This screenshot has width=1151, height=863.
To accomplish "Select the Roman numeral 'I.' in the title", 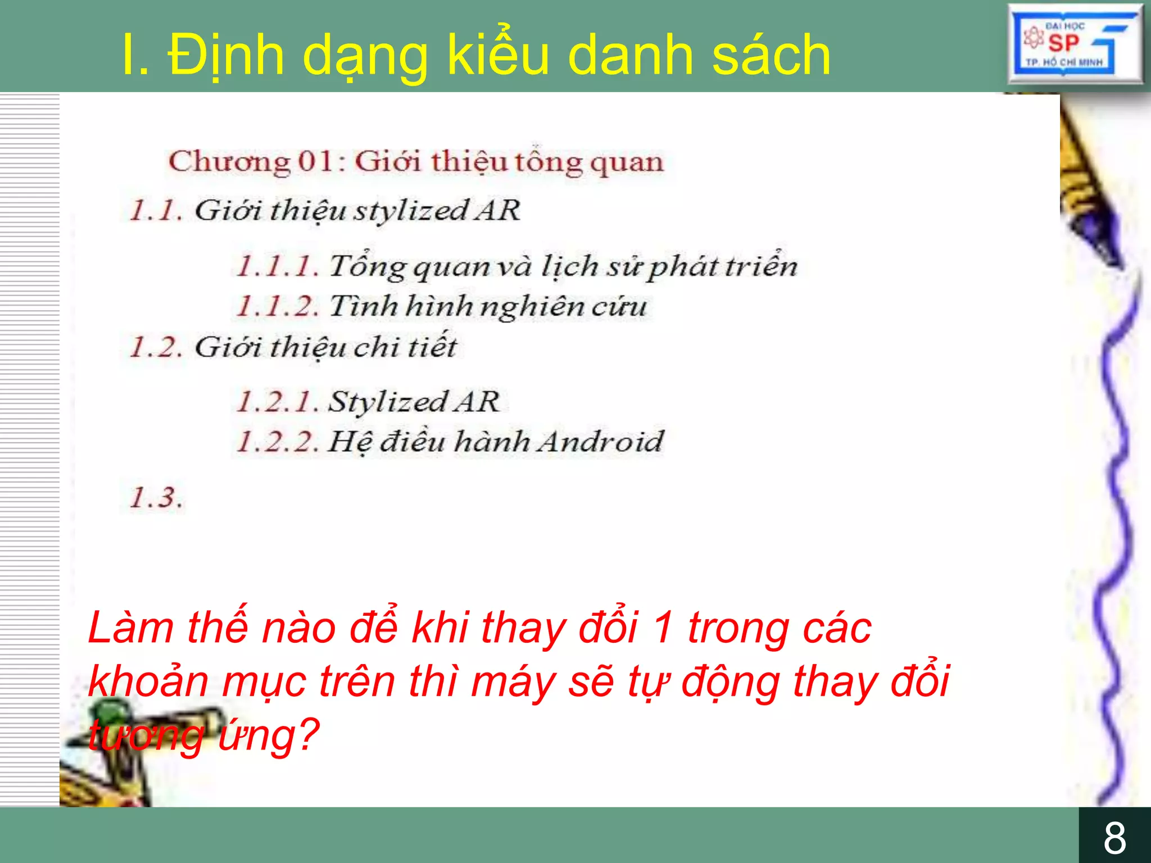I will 135,55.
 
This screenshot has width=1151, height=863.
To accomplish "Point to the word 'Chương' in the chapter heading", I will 229,162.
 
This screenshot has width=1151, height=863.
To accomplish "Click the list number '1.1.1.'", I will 277,266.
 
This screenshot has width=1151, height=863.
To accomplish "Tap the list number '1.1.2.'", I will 277,306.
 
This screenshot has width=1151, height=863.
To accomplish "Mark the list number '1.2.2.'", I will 277,442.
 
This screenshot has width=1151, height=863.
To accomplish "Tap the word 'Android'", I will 600,442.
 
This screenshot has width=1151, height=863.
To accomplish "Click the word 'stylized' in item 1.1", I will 410,211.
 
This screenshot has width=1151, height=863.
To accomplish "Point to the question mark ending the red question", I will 306,734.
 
